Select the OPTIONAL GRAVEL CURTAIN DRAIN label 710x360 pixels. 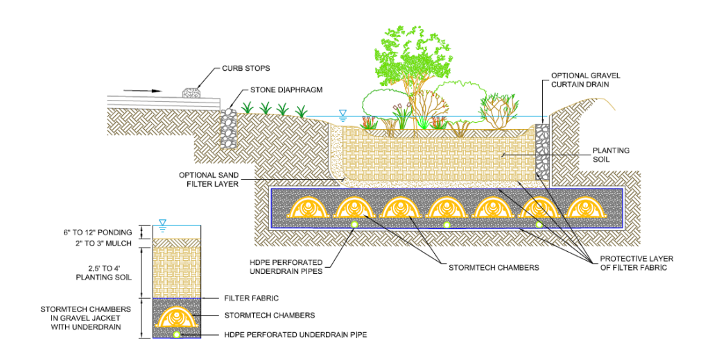tap(586, 79)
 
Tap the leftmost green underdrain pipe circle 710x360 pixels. tap(354, 224)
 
